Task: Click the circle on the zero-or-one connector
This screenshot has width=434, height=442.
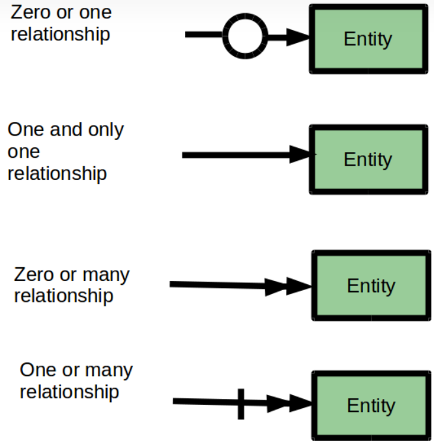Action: [245, 35]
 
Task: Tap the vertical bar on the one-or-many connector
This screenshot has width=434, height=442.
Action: [241, 404]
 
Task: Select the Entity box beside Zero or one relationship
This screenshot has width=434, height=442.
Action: [368, 38]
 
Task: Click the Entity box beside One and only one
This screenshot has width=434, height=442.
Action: [368, 160]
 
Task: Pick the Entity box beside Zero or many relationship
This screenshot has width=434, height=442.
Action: [370, 286]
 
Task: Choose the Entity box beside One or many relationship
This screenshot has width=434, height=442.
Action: [370, 405]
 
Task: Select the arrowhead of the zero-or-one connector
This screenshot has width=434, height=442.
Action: [297, 37]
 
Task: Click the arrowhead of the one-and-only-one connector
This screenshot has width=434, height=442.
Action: [300, 155]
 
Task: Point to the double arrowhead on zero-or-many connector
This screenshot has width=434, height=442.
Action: [287, 286]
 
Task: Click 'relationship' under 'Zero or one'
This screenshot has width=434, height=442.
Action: [60, 34]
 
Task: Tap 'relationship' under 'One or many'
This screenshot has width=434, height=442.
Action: [69, 392]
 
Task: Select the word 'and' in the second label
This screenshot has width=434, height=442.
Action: [66, 130]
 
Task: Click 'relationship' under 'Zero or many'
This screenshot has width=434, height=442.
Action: [63, 296]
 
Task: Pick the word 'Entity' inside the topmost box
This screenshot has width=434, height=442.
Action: [368, 38]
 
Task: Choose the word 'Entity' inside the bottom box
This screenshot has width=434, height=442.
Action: [370, 405]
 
